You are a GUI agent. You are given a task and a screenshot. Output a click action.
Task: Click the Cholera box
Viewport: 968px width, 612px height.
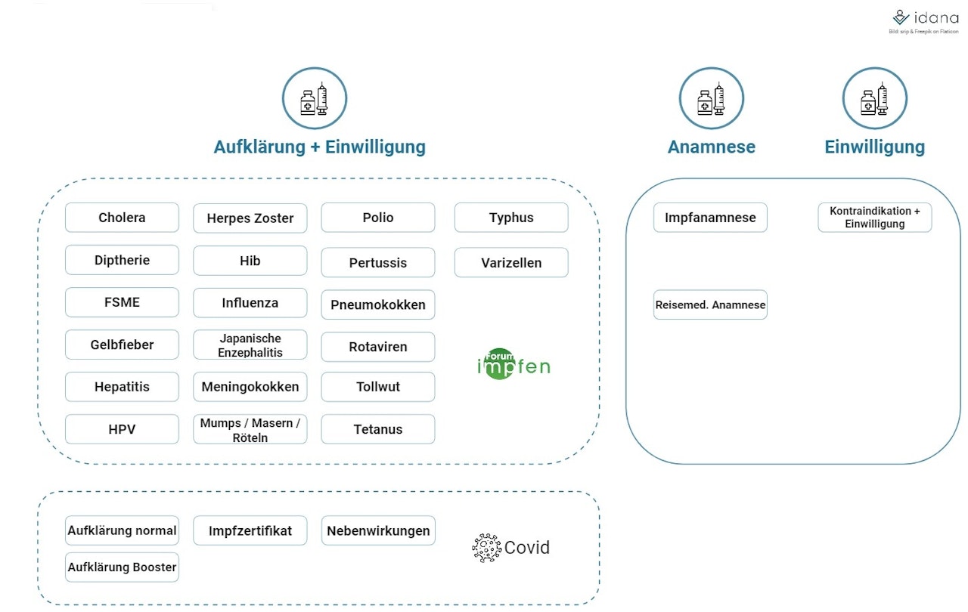[122, 218]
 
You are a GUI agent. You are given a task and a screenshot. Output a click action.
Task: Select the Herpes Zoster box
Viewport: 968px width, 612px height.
[250, 218]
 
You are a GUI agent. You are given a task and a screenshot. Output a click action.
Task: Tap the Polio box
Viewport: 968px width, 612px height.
[378, 218]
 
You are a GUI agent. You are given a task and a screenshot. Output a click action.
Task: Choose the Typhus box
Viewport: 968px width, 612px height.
[511, 218]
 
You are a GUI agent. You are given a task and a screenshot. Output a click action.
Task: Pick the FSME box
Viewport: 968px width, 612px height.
[122, 302]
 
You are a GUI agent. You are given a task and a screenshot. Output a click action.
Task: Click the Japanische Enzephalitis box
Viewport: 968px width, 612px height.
[250, 345]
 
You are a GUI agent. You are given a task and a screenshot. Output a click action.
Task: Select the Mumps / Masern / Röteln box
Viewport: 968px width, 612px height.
[250, 430]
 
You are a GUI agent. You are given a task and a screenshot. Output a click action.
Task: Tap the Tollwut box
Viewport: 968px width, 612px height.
[378, 387]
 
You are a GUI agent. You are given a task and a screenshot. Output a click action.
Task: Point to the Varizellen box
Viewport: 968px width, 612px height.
[511, 263]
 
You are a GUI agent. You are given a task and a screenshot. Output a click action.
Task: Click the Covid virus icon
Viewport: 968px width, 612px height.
[486, 548]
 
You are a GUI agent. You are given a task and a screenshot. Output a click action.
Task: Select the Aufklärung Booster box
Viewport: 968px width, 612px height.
[122, 567]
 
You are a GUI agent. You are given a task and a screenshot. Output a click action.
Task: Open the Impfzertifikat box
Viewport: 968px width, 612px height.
[250, 530]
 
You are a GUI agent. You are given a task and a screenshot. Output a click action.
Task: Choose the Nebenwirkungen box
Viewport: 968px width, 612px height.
[378, 530]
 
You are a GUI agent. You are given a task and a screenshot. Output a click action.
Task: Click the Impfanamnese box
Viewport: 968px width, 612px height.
[710, 218]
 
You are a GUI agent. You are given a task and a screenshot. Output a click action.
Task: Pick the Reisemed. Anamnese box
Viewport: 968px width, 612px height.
[710, 305]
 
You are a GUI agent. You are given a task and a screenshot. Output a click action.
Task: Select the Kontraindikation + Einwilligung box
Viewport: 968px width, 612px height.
[875, 218]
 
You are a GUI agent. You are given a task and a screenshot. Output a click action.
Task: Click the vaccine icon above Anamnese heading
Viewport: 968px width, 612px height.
[711, 99]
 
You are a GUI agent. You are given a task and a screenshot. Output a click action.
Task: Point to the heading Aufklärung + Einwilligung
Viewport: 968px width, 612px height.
[319, 147]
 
